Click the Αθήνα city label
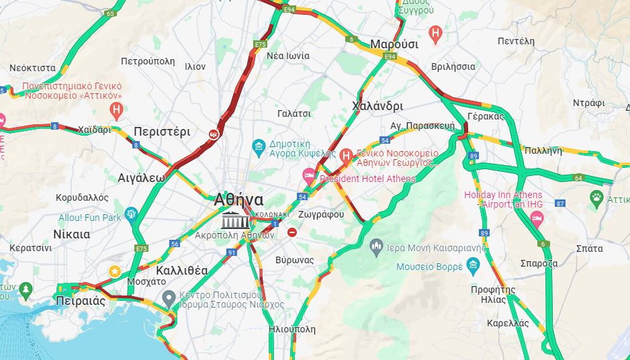tap(238, 199)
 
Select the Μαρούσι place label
tap(394, 44)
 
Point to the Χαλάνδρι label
tap(377, 106)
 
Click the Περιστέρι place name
tap(162, 131)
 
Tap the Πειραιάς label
tap(81, 300)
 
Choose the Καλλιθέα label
tap(181, 271)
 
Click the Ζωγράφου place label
tap(320, 214)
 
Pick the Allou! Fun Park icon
tap(130, 214)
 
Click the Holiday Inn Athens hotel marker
tap(537, 218)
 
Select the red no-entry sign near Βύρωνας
tap(291, 232)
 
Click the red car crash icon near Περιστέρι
tap(214, 134)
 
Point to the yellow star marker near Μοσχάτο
tap(115, 271)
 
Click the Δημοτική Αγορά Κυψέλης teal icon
tap(258, 146)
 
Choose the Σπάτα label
tap(589, 249)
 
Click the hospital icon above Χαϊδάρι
tap(117, 109)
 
